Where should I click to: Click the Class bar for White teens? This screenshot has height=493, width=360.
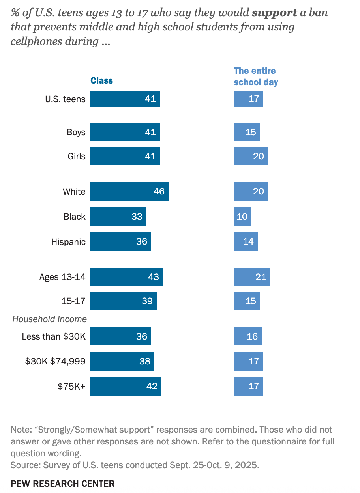[129, 192]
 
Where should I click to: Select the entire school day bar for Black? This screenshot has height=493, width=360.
[242, 217]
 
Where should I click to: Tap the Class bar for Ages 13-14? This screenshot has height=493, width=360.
[126, 276]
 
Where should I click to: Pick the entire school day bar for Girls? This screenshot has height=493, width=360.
[251, 157]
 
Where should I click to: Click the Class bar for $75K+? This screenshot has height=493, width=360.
[126, 386]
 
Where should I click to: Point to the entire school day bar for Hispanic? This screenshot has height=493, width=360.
[246, 241]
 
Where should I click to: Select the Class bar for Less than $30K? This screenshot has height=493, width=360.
[120, 336]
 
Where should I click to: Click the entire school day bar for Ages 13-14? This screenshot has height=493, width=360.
[252, 276]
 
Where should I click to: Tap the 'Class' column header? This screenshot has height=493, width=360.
[101, 80]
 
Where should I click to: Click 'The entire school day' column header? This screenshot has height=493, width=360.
[256, 77]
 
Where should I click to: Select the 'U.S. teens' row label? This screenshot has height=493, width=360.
[65, 99]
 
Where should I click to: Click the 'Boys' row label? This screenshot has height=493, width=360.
[76, 132]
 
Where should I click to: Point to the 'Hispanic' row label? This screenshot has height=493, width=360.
[68, 242]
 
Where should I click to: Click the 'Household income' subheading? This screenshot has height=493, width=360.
[49, 319]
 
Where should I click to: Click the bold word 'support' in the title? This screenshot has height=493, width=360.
[274, 13]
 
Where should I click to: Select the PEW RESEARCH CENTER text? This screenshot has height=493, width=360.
[63, 484]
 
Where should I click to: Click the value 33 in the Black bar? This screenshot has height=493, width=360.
[137, 217]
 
